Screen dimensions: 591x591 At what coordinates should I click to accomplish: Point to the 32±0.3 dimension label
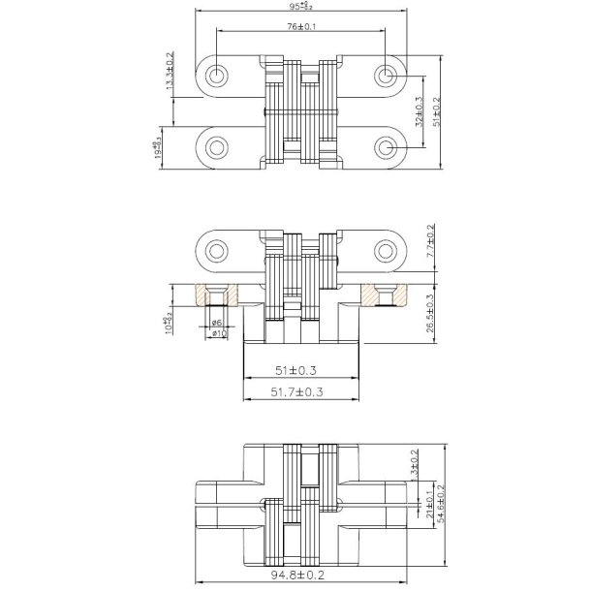click(x=418, y=112)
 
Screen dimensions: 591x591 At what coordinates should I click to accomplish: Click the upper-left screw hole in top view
click(x=216, y=75)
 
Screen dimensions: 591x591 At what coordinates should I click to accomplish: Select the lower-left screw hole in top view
click(x=216, y=147)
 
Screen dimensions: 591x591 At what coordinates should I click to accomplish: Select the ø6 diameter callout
click(x=218, y=322)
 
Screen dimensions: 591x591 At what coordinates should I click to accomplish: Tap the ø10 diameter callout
click(x=218, y=333)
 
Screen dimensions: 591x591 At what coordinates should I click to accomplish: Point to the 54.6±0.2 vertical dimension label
click(x=442, y=504)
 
